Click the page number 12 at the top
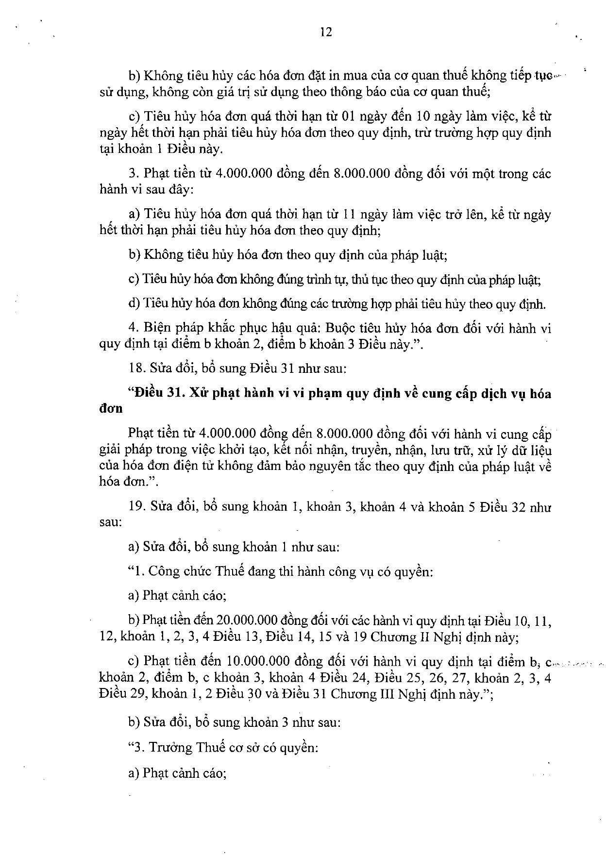(326, 32)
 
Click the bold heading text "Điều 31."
(160, 393)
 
